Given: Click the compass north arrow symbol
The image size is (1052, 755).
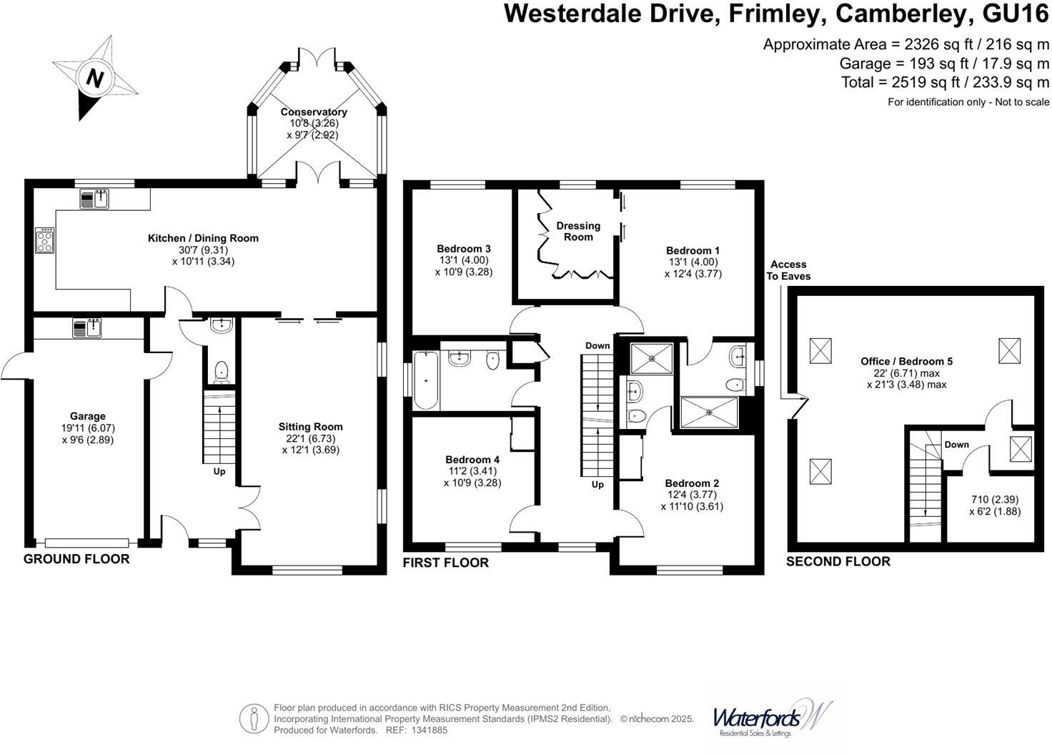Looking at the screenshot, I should click(x=94, y=77).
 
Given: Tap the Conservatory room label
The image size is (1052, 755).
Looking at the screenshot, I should click(x=313, y=112).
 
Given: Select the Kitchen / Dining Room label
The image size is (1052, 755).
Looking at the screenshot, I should click(x=203, y=238).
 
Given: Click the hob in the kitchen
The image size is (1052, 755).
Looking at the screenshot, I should click(x=44, y=240).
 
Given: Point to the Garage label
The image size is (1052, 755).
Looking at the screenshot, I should click(x=87, y=416).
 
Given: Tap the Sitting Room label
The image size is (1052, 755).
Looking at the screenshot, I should click(x=310, y=427).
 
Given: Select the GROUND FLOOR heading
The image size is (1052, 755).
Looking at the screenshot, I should click(x=76, y=559).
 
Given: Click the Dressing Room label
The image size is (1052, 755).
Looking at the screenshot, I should click(x=578, y=231).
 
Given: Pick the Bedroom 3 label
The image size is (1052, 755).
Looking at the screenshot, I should click(x=463, y=249).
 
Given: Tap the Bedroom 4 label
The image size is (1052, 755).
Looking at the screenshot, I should click(x=472, y=460).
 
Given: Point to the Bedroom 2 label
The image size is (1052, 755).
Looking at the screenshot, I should click(x=691, y=483).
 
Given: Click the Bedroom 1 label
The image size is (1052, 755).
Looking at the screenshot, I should click(x=692, y=250).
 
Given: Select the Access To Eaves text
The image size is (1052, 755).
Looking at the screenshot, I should click(x=788, y=270).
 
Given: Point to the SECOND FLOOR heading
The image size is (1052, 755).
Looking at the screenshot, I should click(x=838, y=562).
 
